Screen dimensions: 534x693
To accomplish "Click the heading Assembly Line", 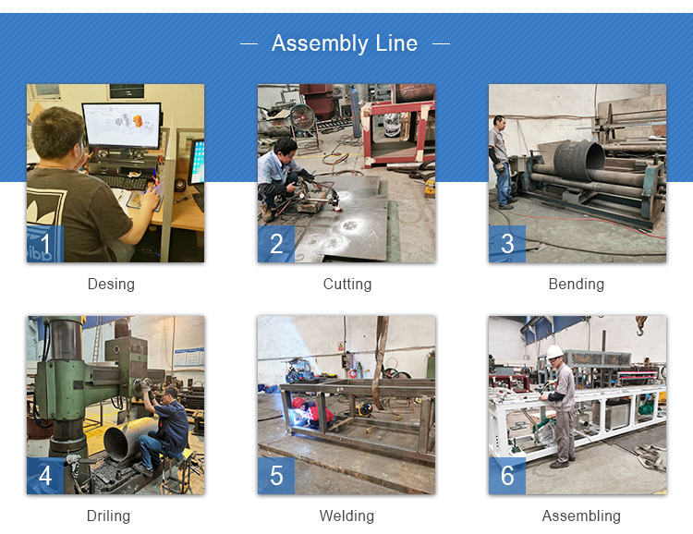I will [345, 43].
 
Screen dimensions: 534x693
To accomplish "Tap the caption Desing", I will [111, 284].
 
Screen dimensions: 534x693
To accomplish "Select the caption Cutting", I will [347, 284].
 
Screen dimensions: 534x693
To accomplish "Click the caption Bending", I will [577, 284].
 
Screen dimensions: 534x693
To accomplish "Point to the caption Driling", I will [108, 516].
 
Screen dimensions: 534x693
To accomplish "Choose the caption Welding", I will [346, 516].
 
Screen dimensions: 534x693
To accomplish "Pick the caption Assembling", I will [581, 516].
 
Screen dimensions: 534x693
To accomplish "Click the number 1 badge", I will [45, 244].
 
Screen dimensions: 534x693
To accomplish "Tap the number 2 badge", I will [276, 244].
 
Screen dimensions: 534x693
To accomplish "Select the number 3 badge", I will [507, 244].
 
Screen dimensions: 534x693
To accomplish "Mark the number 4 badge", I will [45, 476].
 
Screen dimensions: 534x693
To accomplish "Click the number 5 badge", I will [276, 476].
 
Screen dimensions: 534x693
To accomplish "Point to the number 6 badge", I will [507, 476].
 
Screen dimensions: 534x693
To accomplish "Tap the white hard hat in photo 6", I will [554, 352].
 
